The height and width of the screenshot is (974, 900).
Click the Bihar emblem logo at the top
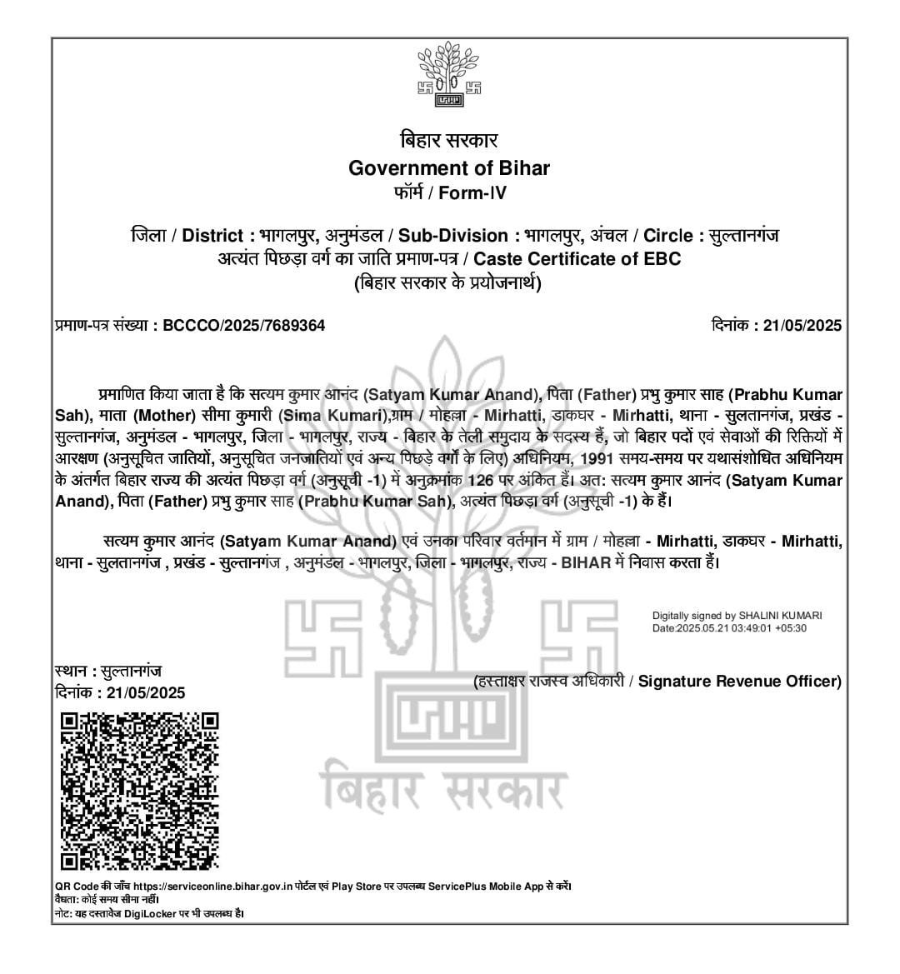[x=449, y=78]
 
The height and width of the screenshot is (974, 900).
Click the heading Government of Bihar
[x=449, y=167]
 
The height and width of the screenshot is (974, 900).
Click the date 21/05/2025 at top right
[x=802, y=326]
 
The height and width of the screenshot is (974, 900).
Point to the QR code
[x=140, y=791]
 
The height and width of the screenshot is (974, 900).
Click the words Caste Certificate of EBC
[x=577, y=258]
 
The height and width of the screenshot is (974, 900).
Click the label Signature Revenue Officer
[x=739, y=682]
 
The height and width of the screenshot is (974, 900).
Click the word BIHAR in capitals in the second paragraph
[x=586, y=563]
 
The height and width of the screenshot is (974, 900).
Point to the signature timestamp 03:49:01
[x=751, y=627]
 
